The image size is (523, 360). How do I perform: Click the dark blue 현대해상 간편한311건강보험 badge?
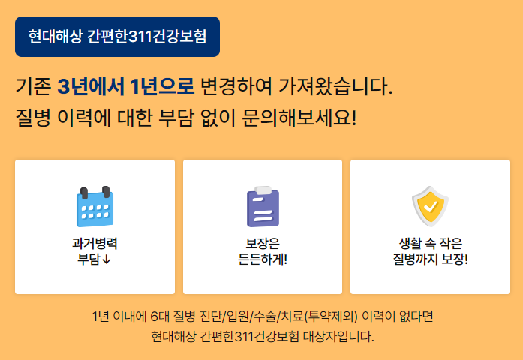[x=117, y=37]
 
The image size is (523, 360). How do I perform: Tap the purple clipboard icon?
[x=263, y=206]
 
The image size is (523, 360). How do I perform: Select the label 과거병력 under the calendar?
[x=95, y=244]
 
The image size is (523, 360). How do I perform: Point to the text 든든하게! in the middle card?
[x=263, y=260]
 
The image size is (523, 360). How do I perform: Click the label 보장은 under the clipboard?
[x=263, y=244]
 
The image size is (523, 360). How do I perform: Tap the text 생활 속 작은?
[x=430, y=244]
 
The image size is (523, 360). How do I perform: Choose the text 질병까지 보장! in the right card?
[x=430, y=260]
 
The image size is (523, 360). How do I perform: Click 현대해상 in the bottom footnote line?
[x=173, y=335]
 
